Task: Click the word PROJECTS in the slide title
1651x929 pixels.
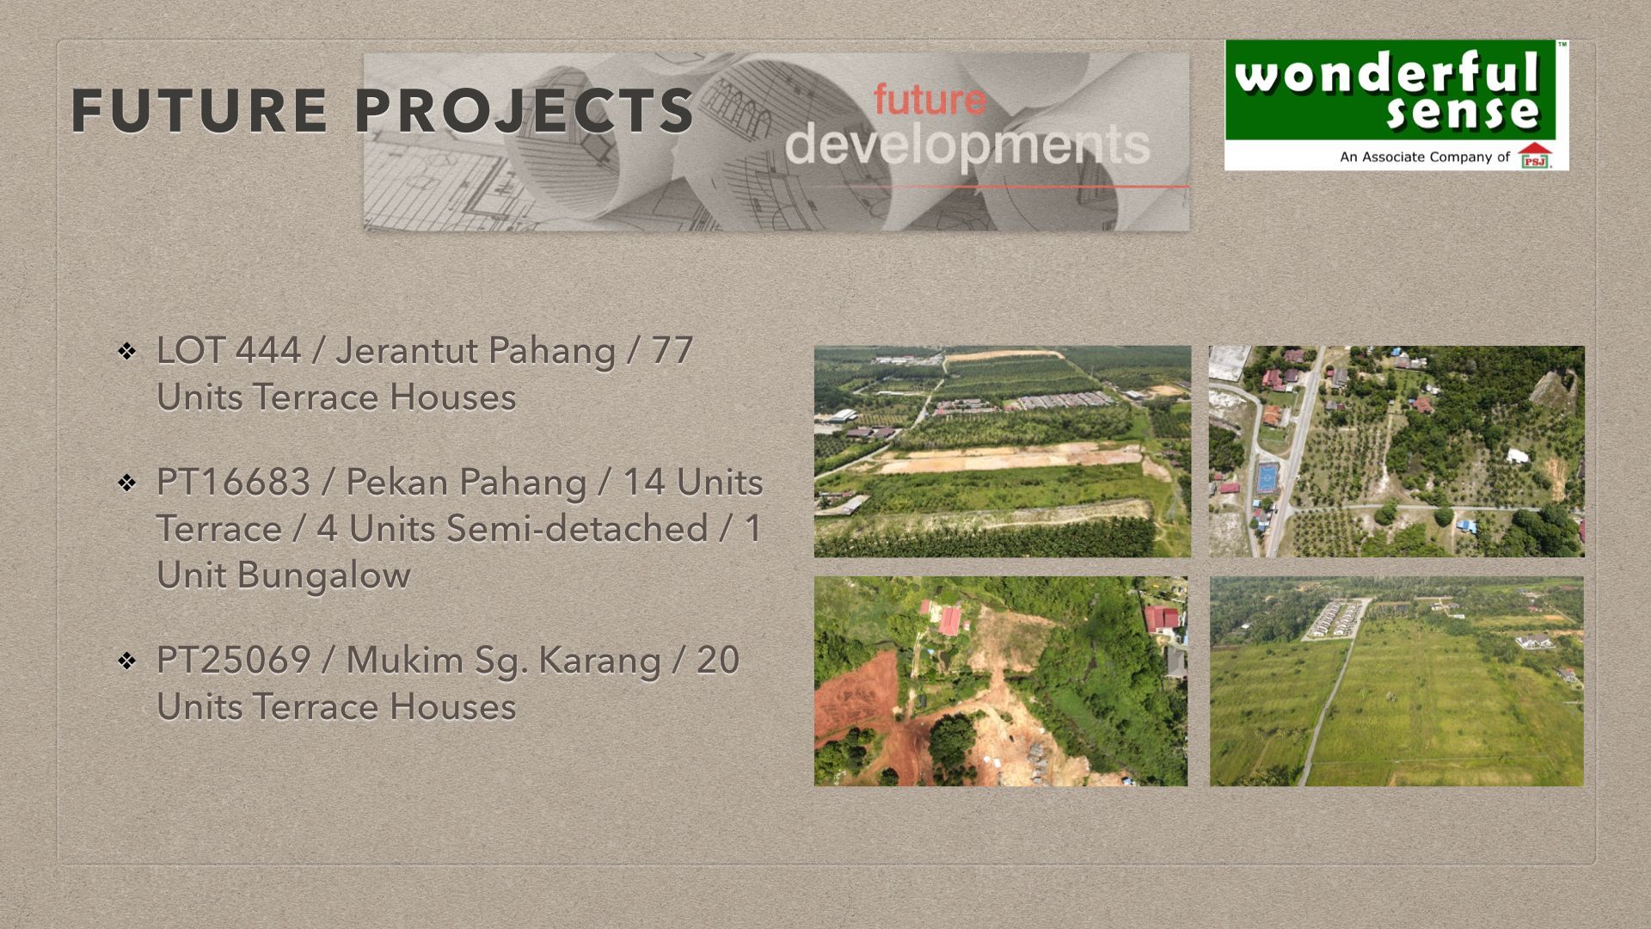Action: (x=524, y=111)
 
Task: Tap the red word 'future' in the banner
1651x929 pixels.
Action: (x=930, y=100)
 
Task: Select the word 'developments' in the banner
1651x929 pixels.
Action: (x=967, y=145)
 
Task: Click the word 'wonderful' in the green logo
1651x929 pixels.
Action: (x=1386, y=74)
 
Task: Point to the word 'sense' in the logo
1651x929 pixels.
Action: (x=1462, y=113)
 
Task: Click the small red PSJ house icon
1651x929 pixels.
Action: (x=1535, y=156)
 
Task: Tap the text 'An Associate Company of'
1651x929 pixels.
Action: (x=1425, y=157)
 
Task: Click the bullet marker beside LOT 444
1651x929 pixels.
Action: (x=127, y=351)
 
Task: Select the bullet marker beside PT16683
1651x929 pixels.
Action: (x=127, y=483)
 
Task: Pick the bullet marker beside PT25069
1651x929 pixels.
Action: (x=127, y=661)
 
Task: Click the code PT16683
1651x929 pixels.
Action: (x=233, y=483)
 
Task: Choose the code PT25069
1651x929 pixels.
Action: (x=233, y=661)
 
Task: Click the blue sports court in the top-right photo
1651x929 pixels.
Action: (x=1266, y=477)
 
